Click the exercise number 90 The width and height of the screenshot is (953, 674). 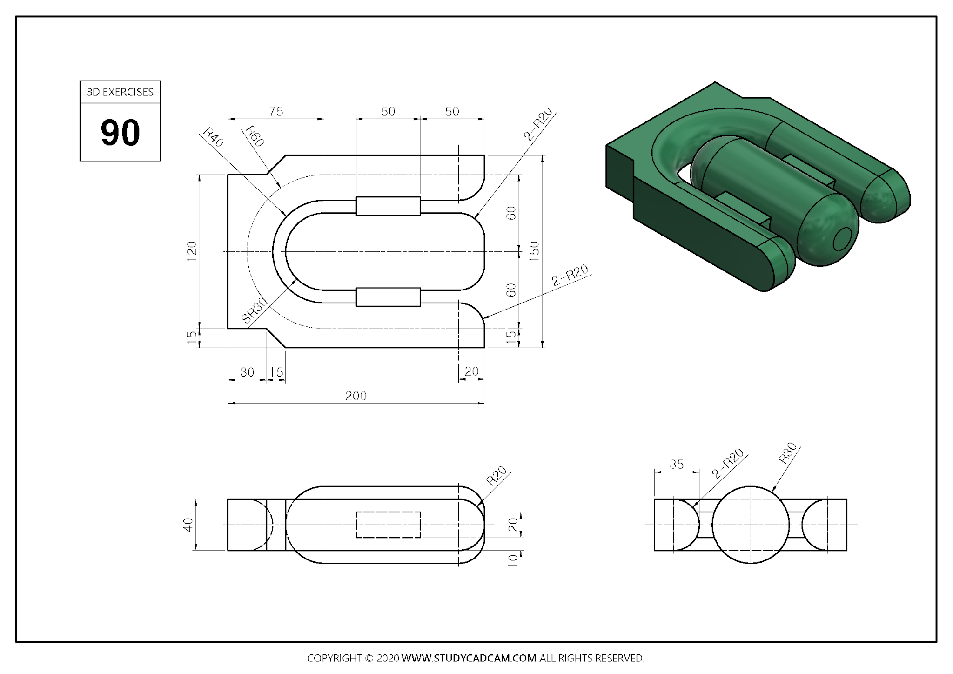(x=120, y=133)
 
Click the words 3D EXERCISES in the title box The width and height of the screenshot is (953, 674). (x=120, y=92)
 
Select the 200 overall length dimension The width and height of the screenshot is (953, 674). (x=356, y=396)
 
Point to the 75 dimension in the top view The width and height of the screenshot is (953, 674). (x=276, y=112)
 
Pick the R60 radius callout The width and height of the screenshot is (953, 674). (x=255, y=136)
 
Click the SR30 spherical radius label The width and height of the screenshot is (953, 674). (x=255, y=310)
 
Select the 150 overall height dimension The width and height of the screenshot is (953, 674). (x=534, y=251)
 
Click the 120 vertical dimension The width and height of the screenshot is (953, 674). (x=191, y=251)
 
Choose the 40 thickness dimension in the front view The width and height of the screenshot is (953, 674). (x=188, y=525)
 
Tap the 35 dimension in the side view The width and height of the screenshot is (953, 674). (x=677, y=465)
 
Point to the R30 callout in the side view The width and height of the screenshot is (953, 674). (x=788, y=453)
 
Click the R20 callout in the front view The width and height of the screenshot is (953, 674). (x=496, y=476)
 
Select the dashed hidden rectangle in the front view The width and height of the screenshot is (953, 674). (x=388, y=525)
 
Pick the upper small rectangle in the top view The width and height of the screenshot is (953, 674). (x=388, y=206)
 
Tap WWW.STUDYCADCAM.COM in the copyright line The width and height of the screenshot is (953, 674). (x=469, y=658)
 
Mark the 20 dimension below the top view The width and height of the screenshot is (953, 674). (x=471, y=371)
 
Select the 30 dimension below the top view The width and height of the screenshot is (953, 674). (x=247, y=372)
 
